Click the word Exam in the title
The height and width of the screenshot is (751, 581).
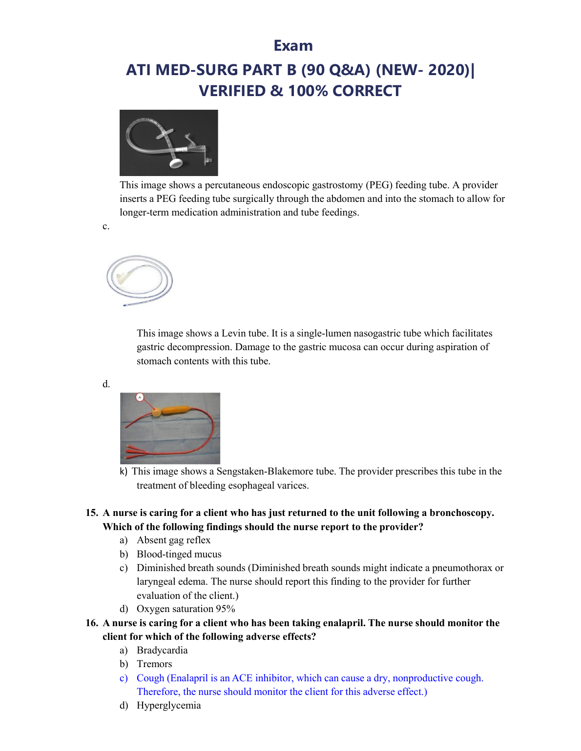(293, 45)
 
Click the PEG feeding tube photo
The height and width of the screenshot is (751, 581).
(168, 142)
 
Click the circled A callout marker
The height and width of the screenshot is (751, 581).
(140, 397)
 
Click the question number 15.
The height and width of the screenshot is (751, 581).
(91, 513)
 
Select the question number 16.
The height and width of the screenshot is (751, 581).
(91, 623)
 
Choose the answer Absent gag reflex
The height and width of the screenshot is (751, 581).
(173, 540)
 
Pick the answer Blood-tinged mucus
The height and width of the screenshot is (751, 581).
(179, 554)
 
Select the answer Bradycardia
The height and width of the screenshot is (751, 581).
(162, 650)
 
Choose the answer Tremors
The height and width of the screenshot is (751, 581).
(154, 664)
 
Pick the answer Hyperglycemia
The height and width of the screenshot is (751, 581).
(168, 705)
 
